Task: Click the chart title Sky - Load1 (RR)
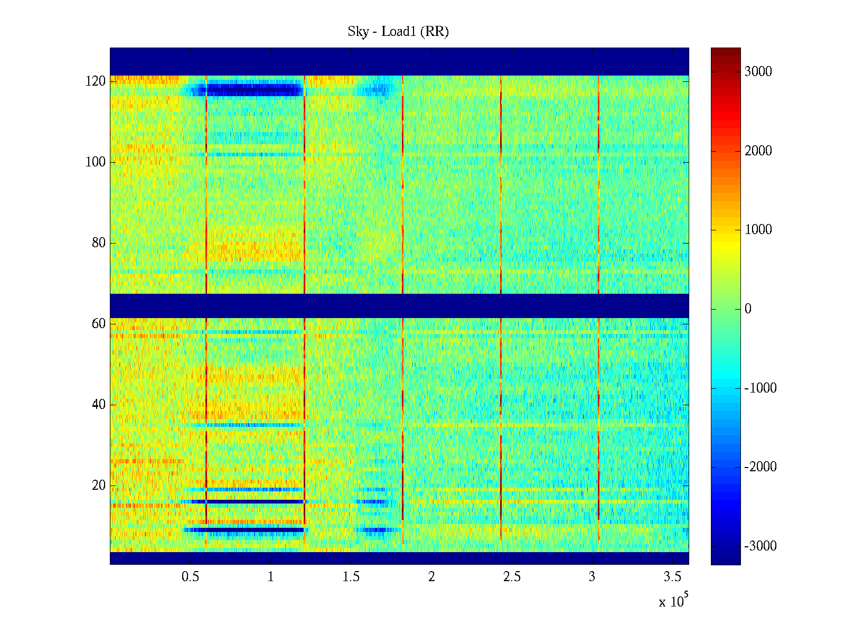point(398,32)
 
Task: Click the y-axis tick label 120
point(96,81)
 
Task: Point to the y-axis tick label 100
point(96,162)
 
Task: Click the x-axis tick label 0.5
point(190,577)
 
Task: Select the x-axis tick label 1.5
point(351,577)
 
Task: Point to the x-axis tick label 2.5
point(512,577)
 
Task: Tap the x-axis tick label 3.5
point(673,577)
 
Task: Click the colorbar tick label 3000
point(758,72)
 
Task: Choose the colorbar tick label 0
point(748,309)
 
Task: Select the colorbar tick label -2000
point(760,467)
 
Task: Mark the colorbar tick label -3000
point(760,546)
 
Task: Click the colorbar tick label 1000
point(758,230)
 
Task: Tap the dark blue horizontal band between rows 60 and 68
point(399,306)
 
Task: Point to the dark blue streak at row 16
point(248,501)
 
